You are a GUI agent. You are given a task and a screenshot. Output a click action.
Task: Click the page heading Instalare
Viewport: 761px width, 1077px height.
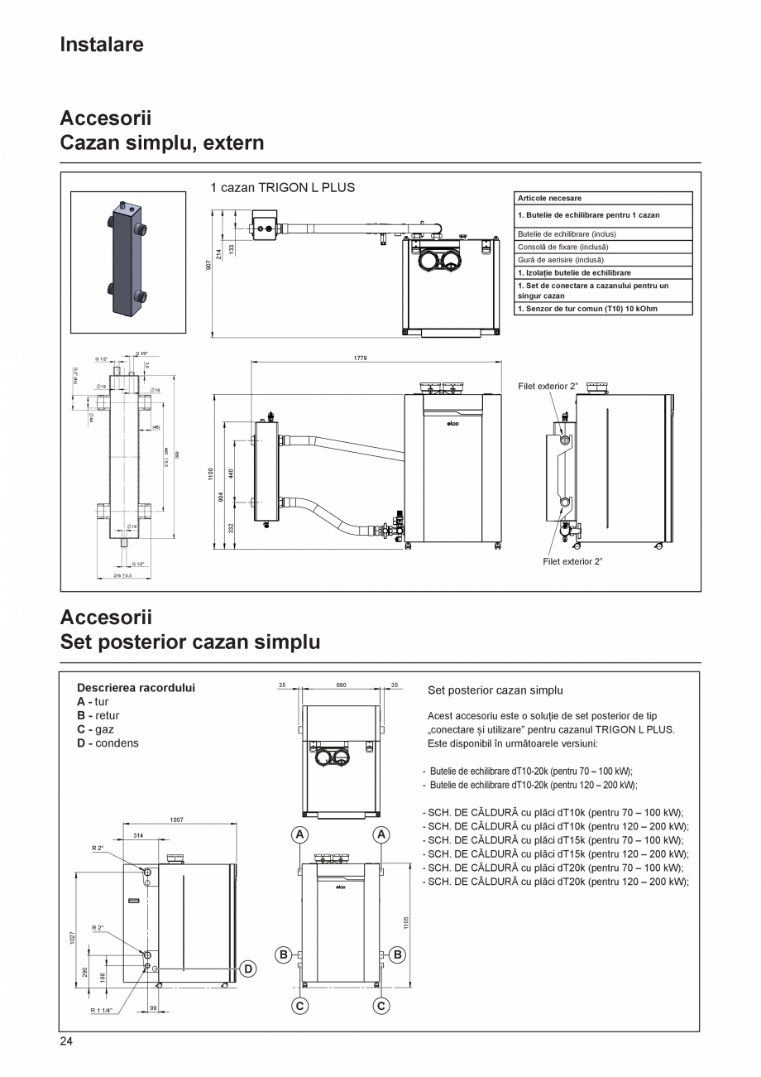102,45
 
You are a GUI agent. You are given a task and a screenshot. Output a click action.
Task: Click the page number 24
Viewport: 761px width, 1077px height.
66,1041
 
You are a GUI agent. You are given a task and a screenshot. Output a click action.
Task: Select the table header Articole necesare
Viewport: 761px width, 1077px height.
549,199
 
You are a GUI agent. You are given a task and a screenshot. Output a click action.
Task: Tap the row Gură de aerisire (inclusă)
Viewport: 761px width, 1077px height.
560,260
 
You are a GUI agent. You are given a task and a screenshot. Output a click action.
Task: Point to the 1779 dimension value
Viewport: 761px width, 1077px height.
360,358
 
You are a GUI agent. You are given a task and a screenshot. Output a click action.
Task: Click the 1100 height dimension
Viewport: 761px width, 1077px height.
212,474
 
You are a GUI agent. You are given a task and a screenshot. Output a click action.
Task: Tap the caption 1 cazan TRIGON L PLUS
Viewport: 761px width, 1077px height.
282,188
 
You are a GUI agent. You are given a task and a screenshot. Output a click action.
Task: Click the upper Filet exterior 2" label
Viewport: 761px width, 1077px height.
548,387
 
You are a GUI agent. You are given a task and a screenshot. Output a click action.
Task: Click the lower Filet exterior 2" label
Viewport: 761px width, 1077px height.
572,561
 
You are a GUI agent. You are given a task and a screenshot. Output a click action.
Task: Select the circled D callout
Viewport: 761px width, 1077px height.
247,969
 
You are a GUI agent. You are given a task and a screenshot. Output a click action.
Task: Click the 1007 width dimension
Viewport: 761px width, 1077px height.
177,820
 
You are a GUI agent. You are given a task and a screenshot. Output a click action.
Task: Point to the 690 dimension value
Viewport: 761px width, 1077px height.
341,685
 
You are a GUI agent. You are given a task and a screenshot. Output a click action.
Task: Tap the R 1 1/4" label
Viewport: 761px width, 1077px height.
103,1011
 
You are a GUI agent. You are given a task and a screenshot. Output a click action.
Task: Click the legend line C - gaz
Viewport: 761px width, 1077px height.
95,730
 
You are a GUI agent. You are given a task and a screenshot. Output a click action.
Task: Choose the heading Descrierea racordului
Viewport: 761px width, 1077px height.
136,688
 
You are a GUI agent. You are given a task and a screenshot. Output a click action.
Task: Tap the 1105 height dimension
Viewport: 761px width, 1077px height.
406,921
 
